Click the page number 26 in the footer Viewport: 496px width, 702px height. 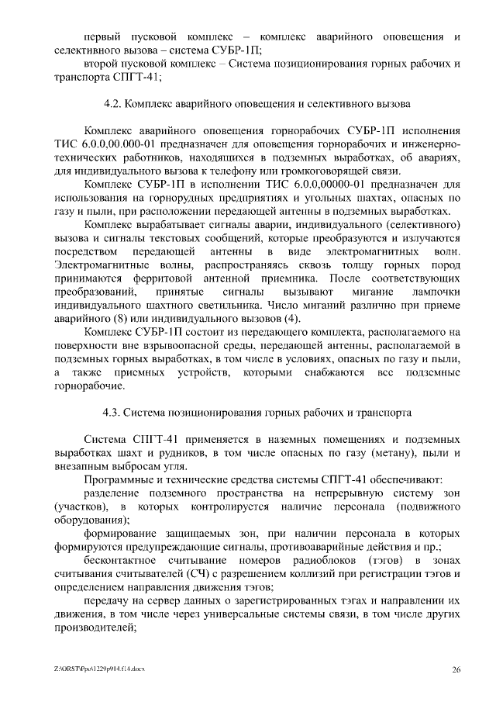456,669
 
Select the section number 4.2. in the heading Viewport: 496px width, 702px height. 114,103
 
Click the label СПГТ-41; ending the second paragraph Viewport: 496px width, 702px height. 86,77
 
